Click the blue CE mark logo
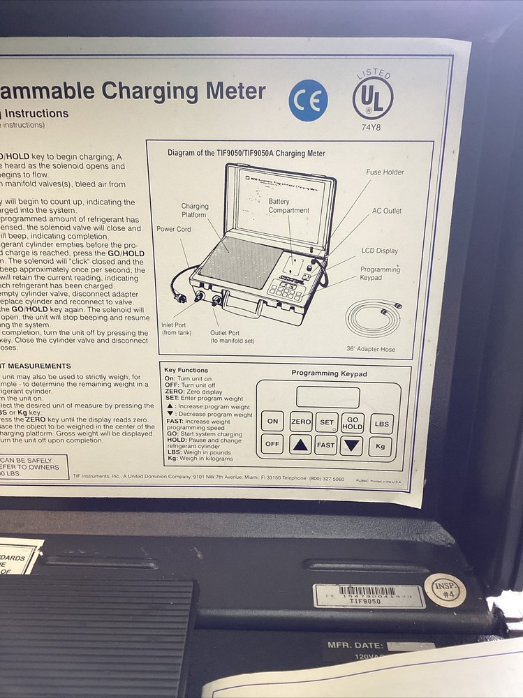pos(308,100)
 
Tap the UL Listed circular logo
pos(372,97)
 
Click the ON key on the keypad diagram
pos(272,422)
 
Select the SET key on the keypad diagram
pos(326,422)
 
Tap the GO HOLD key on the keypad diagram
pos(353,422)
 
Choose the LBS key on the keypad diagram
pos(381,423)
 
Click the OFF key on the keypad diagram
pos(272,445)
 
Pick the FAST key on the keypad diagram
pos(326,445)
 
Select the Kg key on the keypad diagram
pos(381,445)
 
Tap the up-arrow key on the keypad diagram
pos(300,445)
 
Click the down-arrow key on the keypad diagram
pos(352,445)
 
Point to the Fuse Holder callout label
pos(385,172)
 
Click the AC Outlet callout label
pos(386,211)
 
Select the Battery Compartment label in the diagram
pos(288,205)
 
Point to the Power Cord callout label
pos(174,229)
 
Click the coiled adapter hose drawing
pos(374,318)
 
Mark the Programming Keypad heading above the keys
pos(329,373)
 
